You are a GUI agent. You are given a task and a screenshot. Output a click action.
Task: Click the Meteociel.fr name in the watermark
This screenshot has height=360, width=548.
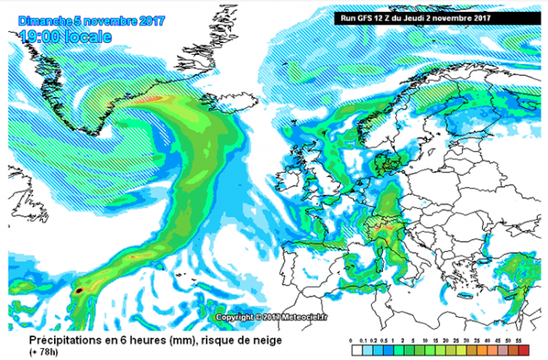tap(282, 317)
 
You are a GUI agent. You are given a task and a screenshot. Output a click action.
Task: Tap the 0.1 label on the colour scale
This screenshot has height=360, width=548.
tap(362, 339)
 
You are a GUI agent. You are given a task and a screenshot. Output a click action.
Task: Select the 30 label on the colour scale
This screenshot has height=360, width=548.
tap(478, 339)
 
